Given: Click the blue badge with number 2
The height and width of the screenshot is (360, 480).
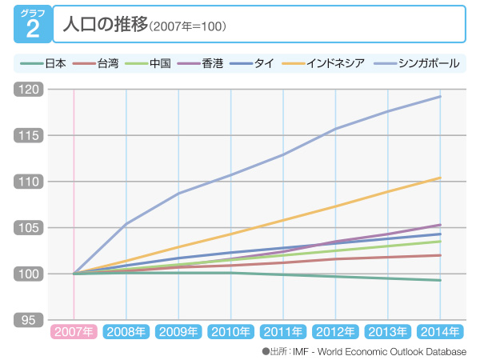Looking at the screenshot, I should (32, 24).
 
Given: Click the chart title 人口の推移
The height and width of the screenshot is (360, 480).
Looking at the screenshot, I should (103, 25).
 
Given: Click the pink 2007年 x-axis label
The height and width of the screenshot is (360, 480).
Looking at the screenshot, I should (74, 331).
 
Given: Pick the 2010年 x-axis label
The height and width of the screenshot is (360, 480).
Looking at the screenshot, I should (230, 331).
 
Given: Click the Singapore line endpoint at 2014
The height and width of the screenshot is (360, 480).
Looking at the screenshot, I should (440, 97).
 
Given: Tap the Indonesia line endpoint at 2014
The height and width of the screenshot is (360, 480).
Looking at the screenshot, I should (440, 178).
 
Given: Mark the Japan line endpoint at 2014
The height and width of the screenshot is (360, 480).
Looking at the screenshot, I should (440, 280).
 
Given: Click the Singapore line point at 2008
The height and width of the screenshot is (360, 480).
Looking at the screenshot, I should (126, 225).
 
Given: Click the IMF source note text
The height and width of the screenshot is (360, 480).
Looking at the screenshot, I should (368, 350).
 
